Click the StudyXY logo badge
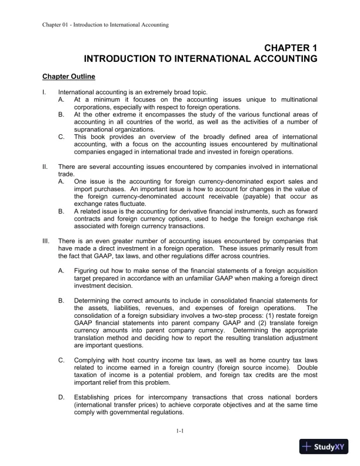tap(325, 447)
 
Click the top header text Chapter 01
tap(56, 25)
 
